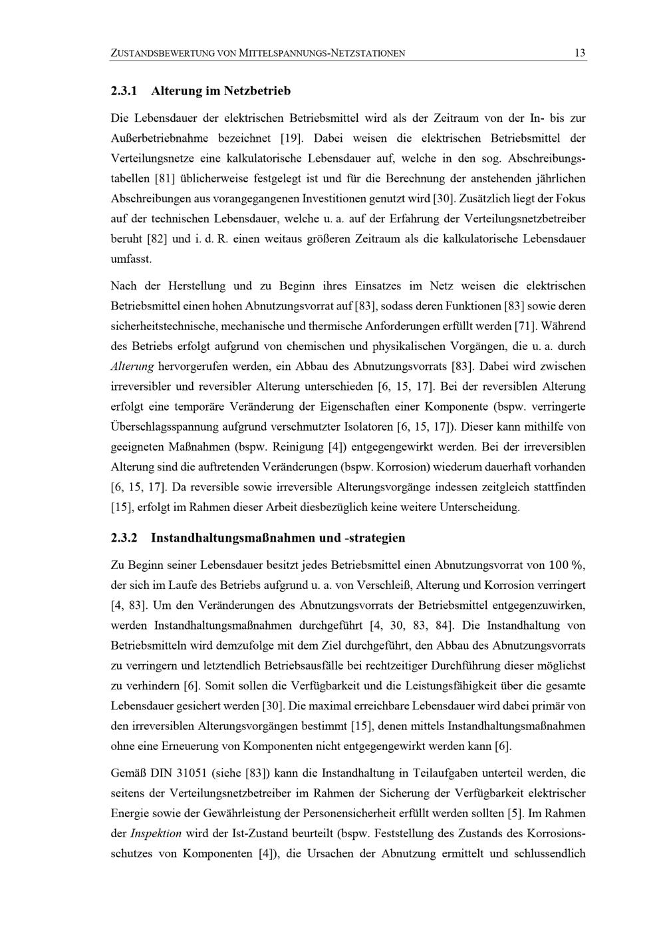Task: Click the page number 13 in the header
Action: click(x=580, y=53)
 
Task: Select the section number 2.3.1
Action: click(x=124, y=91)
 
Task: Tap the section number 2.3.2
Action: click(x=124, y=537)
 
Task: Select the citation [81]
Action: click(x=164, y=178)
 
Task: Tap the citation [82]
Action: click(x=155, y=238)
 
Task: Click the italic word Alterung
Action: click(x=132, y=367)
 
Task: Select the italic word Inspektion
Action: click(x=156, y=833)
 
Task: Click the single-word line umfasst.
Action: click(x=131, y=258)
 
